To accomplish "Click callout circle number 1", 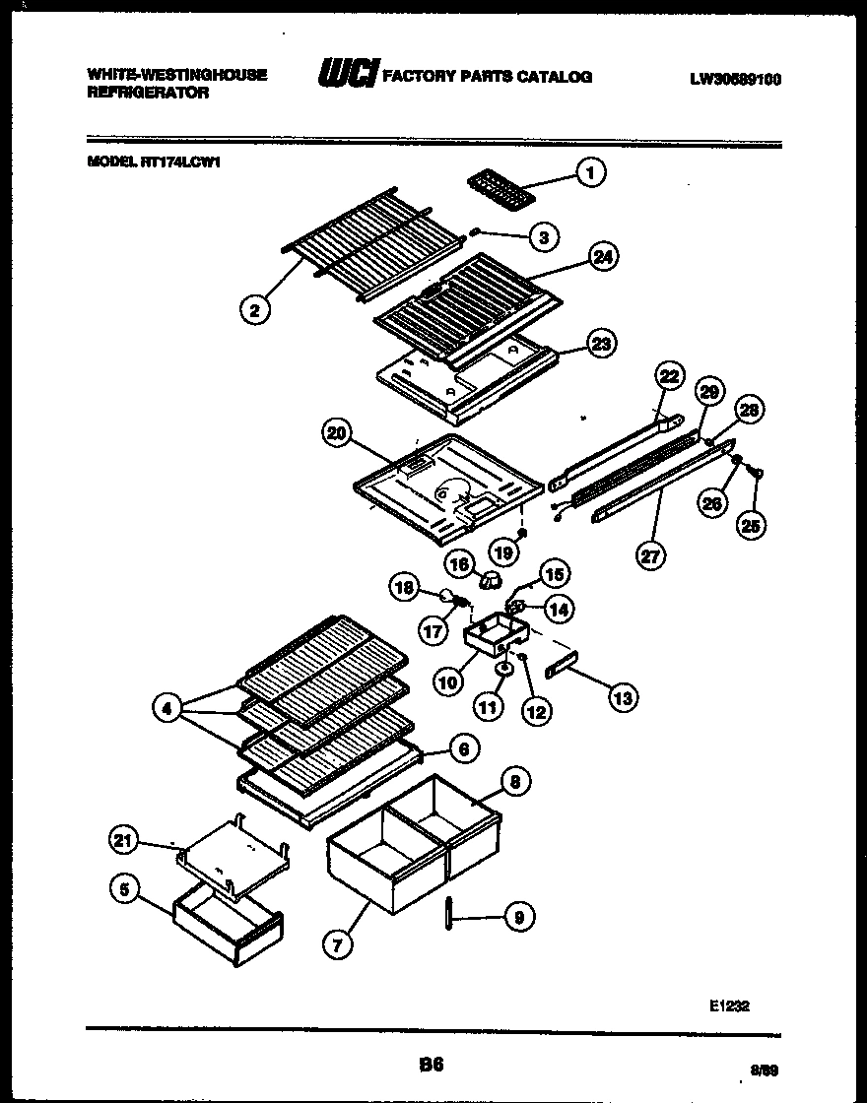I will point(590,174).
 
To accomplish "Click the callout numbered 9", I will point(518,917).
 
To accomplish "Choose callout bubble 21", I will point(120,840).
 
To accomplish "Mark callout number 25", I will point(753,525).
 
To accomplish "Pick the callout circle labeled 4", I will point(168,705).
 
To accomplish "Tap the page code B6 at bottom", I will point(433,1065).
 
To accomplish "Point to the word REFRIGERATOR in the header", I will point(148,93).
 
